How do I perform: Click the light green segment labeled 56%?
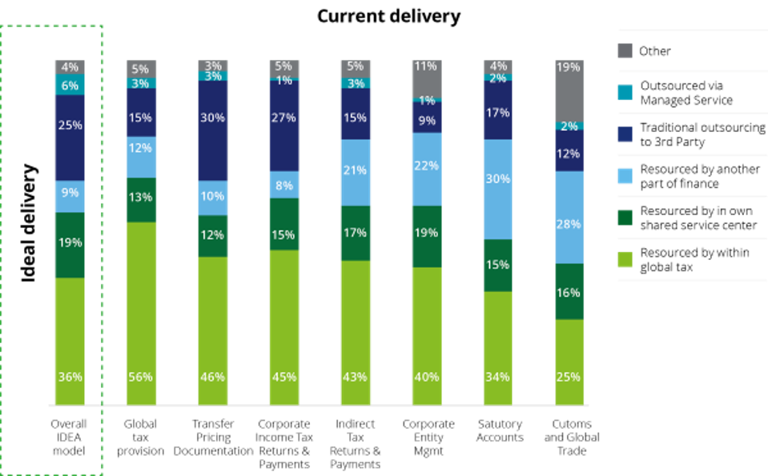[142, 312]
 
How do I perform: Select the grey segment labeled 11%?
[426, 78]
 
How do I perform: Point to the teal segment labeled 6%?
[70, 86]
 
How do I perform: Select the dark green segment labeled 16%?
[569, 291]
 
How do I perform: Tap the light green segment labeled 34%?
[497, 347]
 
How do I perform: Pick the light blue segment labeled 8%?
[284, 185]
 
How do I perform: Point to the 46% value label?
[212, 377]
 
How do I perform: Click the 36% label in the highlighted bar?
[70, 377]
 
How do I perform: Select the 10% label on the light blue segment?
[212, 197]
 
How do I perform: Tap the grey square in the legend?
[625, 51]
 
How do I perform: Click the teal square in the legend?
[625, 93]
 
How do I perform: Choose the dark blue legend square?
[625, 134]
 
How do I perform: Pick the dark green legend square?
[625, 218]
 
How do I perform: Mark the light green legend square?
[625, 259]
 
